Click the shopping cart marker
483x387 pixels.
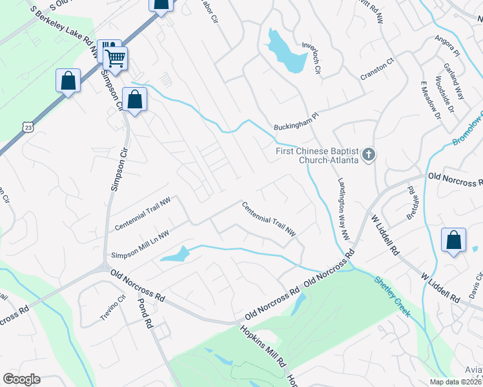click(115, 58)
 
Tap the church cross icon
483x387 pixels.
click(368, 154)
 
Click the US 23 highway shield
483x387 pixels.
click(26, 126)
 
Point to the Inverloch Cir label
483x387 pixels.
click(311, 58)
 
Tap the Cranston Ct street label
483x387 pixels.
click(376, 69)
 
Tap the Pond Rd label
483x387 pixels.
click(145, 313)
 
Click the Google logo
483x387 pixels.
click(21, 379)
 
